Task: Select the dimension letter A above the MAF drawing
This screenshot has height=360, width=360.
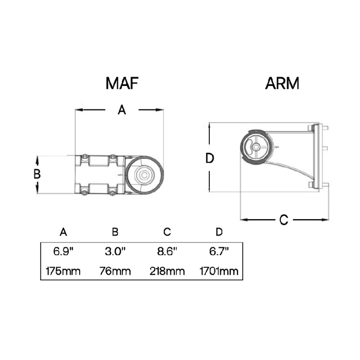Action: [122, 110]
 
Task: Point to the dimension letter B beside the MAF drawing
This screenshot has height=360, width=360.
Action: [37, 174]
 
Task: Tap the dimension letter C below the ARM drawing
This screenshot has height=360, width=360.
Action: [283, 220]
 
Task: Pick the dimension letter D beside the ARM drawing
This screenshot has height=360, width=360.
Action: [209, 158]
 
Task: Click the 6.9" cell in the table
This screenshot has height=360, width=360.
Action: [63, 251]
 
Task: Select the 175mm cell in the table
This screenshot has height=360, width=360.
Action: [63, 271]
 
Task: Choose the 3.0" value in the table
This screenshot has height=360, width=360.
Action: [115, 251]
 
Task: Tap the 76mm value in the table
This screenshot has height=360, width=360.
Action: [115, 271]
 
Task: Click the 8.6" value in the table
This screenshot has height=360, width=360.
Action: [167, 251]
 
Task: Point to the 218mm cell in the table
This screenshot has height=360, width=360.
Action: [167, 271]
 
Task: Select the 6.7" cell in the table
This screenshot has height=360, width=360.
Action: [219, 251]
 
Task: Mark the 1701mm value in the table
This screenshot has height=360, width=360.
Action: [219, 271]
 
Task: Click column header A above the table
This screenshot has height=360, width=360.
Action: [63, 232]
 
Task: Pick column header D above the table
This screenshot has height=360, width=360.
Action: [219, 232]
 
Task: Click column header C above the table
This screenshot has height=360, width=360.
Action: [167, 232]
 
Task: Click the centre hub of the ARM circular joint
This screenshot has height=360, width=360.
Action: [256, 147]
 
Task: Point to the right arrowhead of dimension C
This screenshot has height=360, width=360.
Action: [325, 220]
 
